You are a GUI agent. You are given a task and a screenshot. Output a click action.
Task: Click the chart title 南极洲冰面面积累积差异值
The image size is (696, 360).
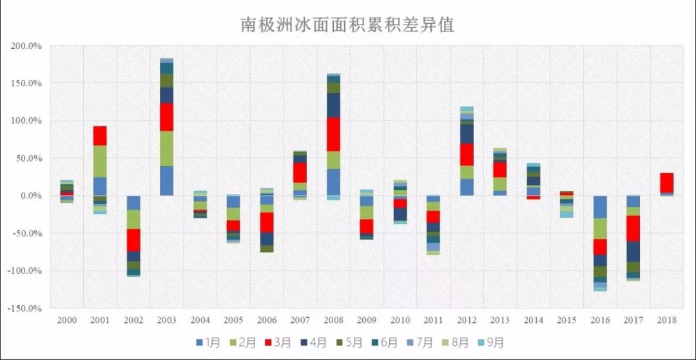(x=348, y=24)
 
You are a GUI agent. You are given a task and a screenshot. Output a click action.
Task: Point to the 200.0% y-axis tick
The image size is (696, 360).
(x=26, y=46)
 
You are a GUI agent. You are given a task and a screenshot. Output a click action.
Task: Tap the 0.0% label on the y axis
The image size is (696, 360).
(x=30, y=196)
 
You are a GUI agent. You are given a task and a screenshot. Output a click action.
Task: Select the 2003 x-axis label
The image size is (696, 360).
(x=166, y=320)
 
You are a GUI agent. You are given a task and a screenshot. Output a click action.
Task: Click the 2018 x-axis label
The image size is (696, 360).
(x=666, y=320)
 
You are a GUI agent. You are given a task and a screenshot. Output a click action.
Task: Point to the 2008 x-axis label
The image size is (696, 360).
(x=333, y=320)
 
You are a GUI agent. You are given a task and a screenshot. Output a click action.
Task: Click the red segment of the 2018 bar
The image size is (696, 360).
(x=666, y=183)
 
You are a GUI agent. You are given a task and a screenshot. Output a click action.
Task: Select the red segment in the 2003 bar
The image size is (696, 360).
(x=166, y=117)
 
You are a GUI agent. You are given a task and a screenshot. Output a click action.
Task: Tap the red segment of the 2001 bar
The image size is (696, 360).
(x=100, y=136)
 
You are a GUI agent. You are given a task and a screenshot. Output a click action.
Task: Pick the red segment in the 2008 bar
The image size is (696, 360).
(x=333, y=134)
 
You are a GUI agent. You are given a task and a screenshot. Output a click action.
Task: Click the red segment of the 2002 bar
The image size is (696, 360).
(x=133, y=240)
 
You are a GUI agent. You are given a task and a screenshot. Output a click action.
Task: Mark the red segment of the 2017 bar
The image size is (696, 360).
(x=633, y=228)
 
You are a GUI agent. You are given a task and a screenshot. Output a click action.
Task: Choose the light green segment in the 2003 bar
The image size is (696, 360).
(x=166, y=148)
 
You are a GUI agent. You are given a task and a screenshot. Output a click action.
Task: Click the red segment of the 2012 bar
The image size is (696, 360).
(x=467, y=155)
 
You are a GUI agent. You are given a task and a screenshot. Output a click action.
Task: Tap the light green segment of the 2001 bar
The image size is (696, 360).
(x=100, y=161)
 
